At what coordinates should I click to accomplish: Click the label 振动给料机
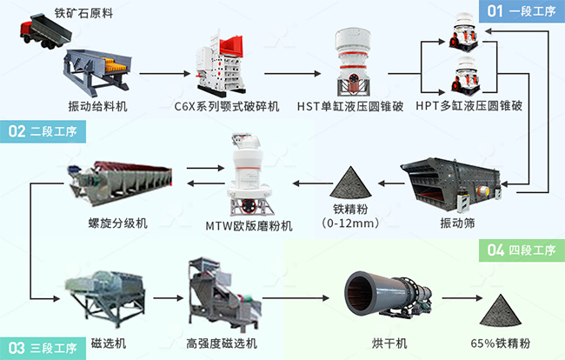tap(98, 106)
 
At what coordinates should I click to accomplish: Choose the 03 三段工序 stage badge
tap(40, 348)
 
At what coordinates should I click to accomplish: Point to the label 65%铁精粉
tap(502, 342)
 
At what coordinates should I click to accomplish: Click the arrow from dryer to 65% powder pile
tap(453, 306)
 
